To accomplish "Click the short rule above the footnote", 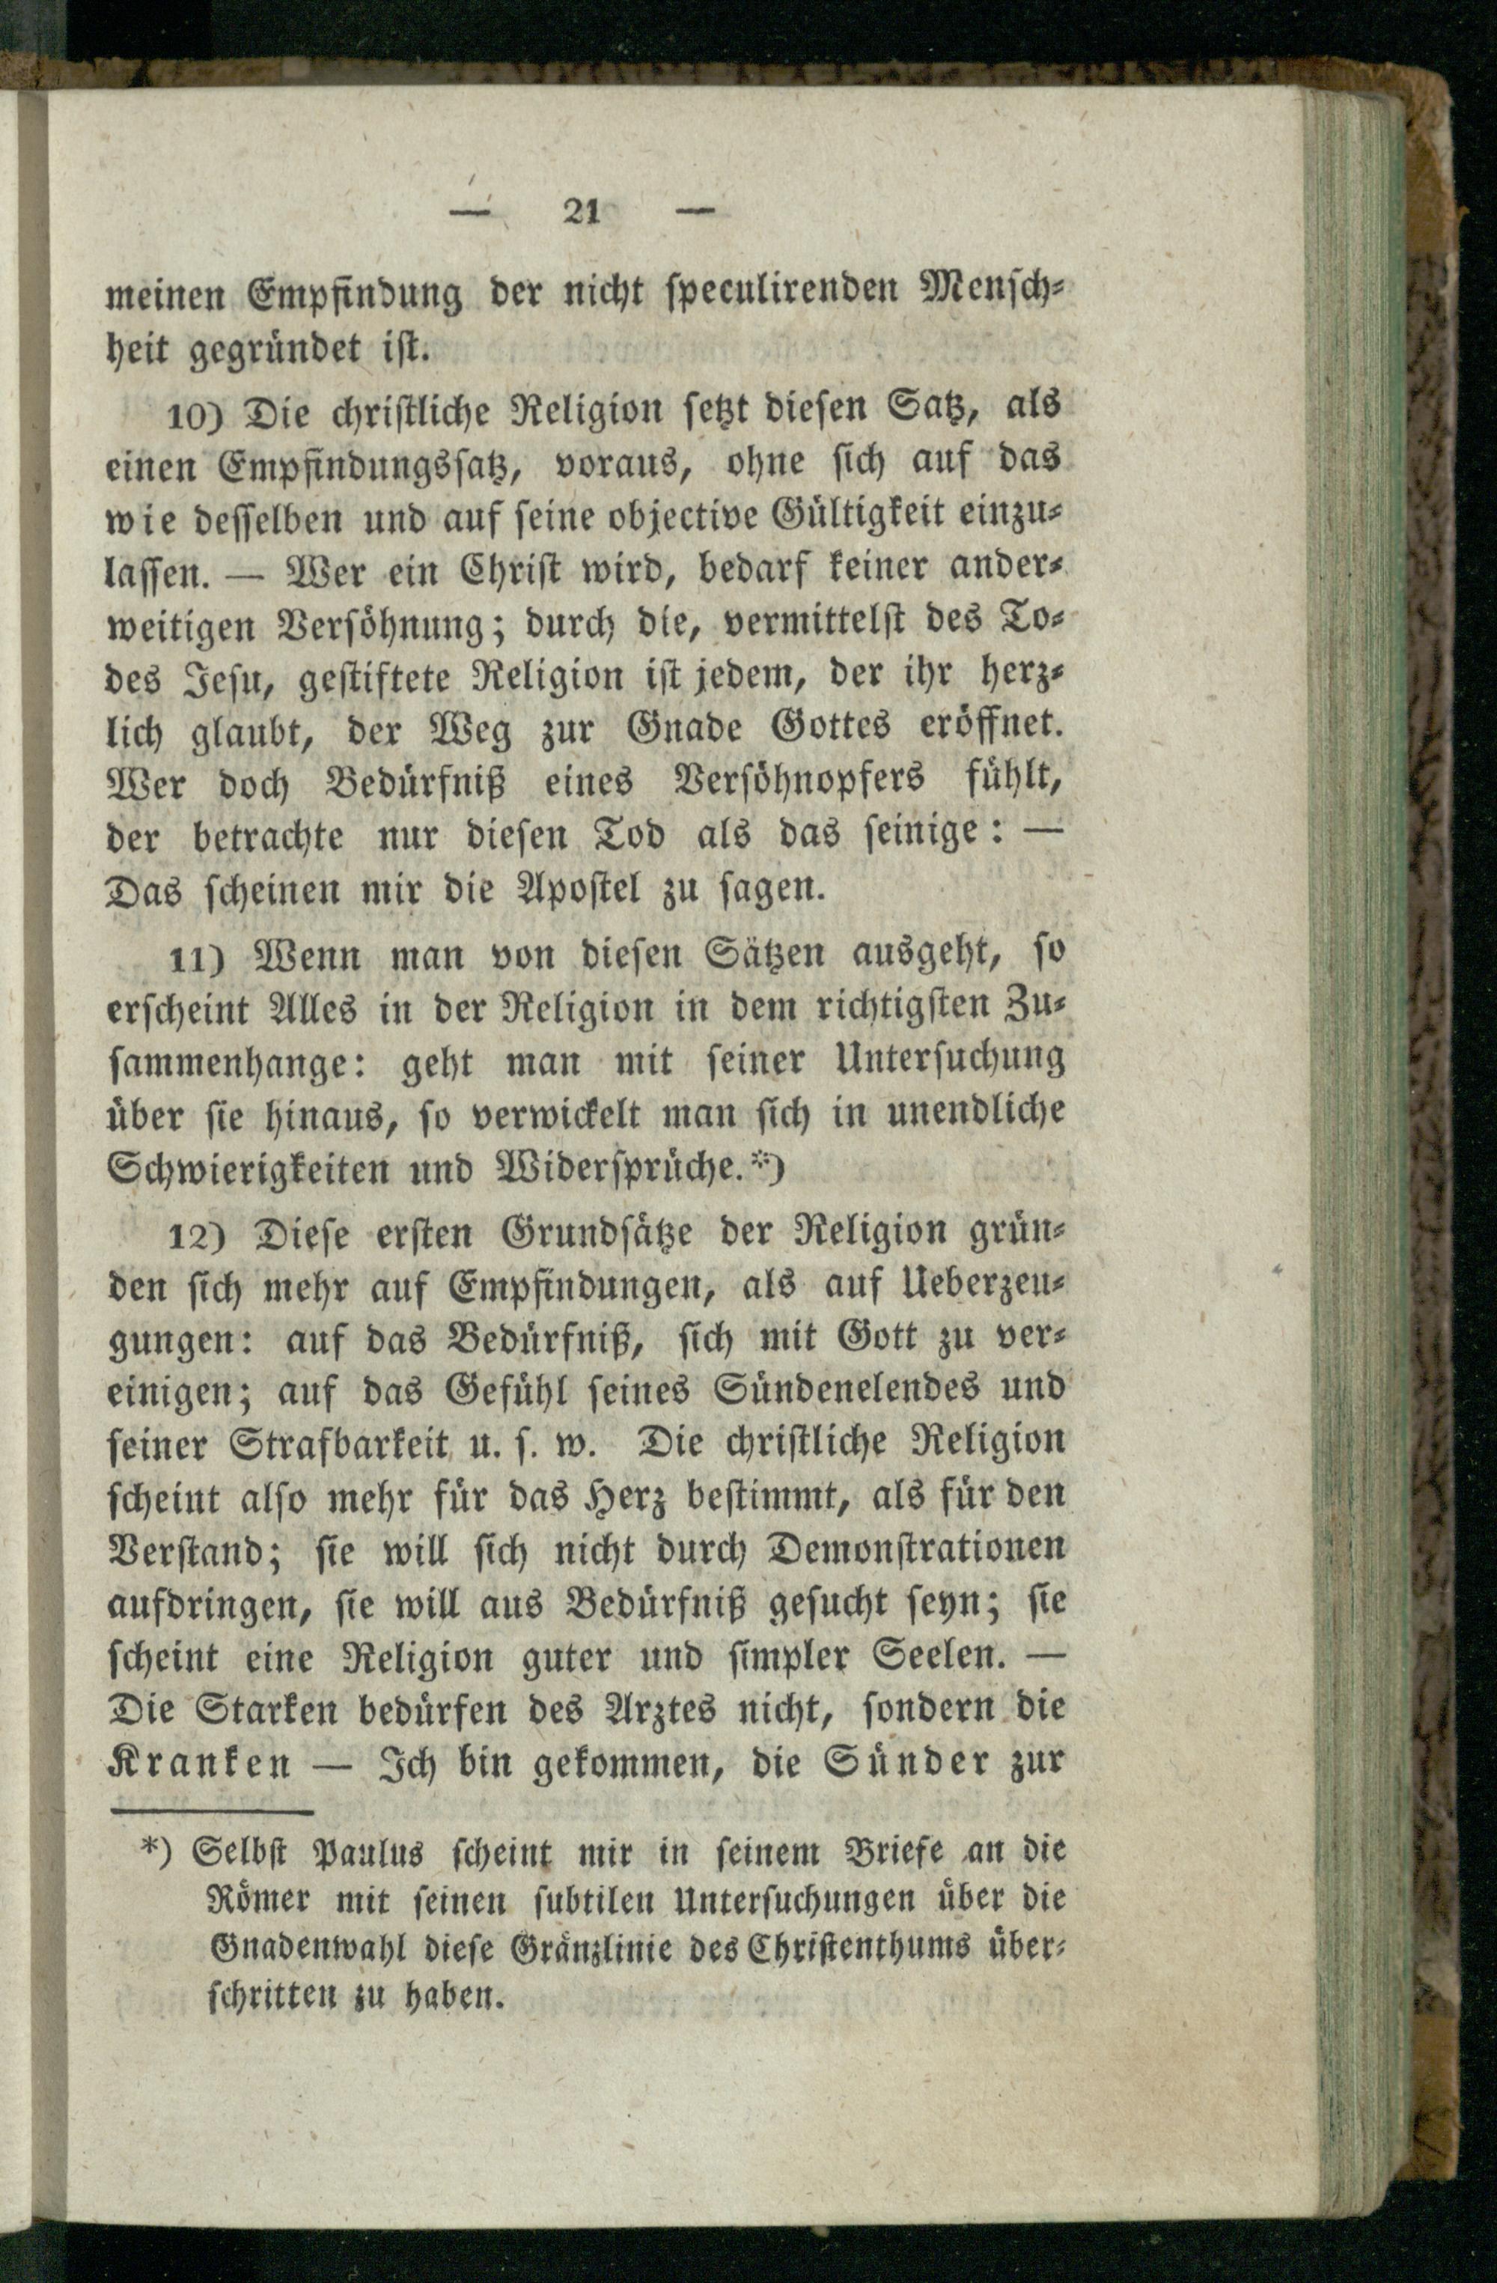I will (213, 1813).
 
